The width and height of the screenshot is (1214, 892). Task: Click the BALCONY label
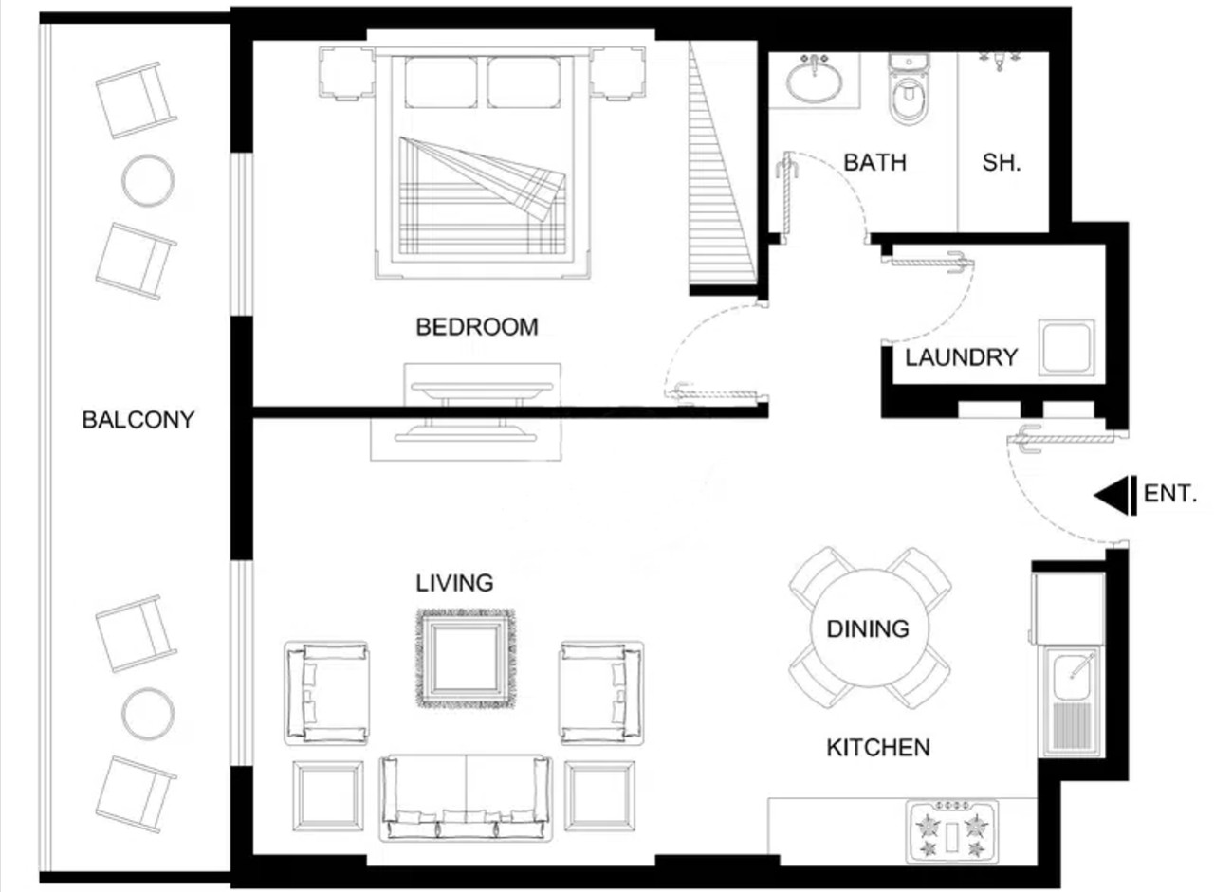click(138, 420)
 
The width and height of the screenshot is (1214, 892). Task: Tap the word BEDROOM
click(477, 327)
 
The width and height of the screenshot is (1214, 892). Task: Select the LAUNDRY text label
click(962, 357)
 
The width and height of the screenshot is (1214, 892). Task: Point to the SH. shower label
click(1002, 162)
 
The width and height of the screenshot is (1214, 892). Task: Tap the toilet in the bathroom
click(909, 88)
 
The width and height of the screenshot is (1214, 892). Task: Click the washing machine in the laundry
click(1066, 347)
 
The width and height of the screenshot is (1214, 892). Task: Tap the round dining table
click(869, 628)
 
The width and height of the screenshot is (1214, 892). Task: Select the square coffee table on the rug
click(466, 659)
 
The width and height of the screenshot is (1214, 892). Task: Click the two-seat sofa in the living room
click(466, 798)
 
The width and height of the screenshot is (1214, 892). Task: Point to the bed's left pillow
click(441, 82)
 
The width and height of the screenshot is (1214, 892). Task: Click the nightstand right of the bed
click(617, 74)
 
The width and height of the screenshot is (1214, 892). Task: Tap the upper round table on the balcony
click(148, 180)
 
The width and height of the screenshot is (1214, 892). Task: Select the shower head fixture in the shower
click(1000, 60)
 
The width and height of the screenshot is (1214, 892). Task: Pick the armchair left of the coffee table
click(326, 694)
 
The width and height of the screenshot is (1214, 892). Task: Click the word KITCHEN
click(878, 748)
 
